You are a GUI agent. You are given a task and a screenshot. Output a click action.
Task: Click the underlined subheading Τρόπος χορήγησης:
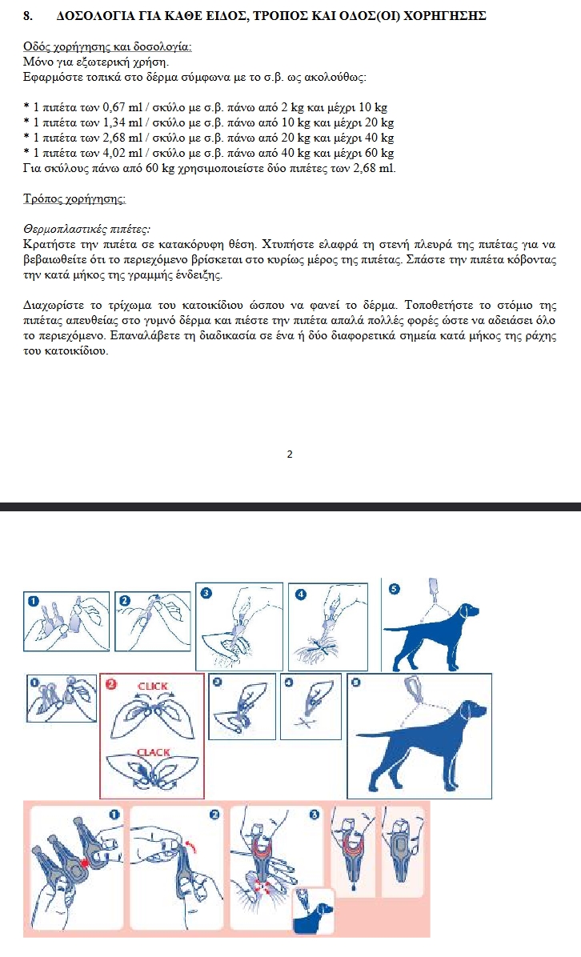(74, 198)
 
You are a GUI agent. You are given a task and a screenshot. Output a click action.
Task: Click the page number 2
(290, 454)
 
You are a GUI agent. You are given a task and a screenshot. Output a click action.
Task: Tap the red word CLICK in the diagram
(153, 687)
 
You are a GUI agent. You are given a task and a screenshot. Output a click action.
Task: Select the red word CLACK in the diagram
(153, 752)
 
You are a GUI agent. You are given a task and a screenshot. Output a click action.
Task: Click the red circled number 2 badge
(111, 684)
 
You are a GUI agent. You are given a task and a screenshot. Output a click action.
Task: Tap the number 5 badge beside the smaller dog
(393, 590)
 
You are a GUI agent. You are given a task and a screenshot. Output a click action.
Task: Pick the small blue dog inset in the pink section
(314, 912)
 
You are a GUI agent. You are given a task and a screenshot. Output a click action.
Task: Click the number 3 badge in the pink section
(315, 815)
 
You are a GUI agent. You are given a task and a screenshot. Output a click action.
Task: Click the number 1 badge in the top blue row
(34, 600)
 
